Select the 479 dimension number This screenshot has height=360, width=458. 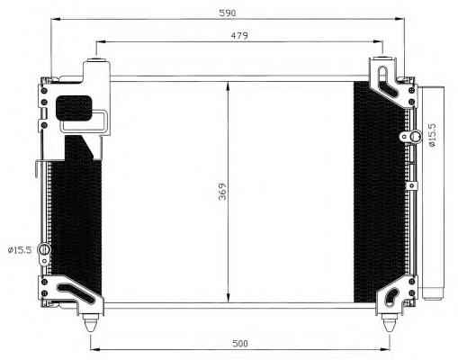pos(238,35)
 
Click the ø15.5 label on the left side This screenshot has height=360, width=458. pos(20,249)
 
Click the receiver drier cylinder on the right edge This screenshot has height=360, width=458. pos(434,193)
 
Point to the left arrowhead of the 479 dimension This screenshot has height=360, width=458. pos(99,41)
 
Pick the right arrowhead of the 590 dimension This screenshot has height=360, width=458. pos(402,18)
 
